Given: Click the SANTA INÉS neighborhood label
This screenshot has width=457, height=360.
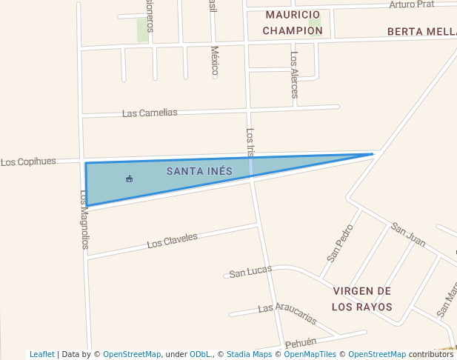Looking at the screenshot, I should tap(199, 171).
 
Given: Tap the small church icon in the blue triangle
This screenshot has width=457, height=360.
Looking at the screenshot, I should tap(130, 179).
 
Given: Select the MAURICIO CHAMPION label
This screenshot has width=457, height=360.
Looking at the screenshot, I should tap(293, 23).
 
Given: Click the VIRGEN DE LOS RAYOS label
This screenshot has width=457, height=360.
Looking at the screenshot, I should tap(361, 299).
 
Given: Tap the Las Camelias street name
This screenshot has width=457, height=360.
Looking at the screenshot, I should tap(150, 113).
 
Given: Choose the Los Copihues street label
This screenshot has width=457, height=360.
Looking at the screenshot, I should tap(28, 161).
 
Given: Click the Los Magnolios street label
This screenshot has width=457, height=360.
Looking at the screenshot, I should tap(84, 219).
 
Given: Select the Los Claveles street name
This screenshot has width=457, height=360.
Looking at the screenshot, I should tap(172, 241).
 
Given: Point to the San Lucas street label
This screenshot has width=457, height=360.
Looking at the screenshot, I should tap(250, 273).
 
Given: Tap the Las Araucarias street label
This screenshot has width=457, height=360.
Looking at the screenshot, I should tap(287, 314).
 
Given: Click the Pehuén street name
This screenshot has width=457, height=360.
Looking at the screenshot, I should tap(301, 344).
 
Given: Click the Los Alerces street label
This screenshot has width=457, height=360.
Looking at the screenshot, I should tap(295, 74).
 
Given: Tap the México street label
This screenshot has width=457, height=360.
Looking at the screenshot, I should tap(215, 61).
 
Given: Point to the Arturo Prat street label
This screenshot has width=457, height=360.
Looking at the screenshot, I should tap(412, 4).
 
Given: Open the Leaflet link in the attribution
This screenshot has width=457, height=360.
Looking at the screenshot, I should tap(42, 354).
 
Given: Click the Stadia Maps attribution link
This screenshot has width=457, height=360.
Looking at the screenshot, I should tap(249, 354).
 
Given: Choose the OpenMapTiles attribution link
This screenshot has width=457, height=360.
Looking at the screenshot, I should tap(310, 354).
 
